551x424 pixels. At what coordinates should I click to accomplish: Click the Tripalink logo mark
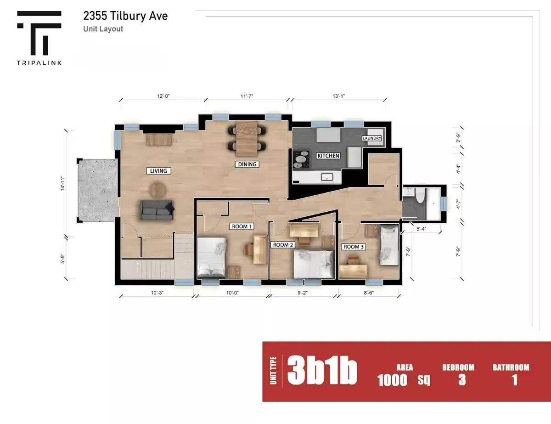39,33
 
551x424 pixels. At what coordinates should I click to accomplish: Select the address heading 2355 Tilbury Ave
125,16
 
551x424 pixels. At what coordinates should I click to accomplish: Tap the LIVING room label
158,171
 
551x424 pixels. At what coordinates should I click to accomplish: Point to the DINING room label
247,164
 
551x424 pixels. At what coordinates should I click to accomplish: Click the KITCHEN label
328,156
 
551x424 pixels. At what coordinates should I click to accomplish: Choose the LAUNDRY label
371,138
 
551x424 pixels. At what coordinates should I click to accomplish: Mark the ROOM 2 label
283,245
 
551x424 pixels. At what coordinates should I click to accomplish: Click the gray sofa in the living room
157,209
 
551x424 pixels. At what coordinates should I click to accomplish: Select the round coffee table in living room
159,188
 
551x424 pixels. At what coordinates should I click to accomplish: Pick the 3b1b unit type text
322,372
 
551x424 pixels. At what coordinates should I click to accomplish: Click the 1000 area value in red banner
392,380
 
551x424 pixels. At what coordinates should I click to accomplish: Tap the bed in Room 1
211,258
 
